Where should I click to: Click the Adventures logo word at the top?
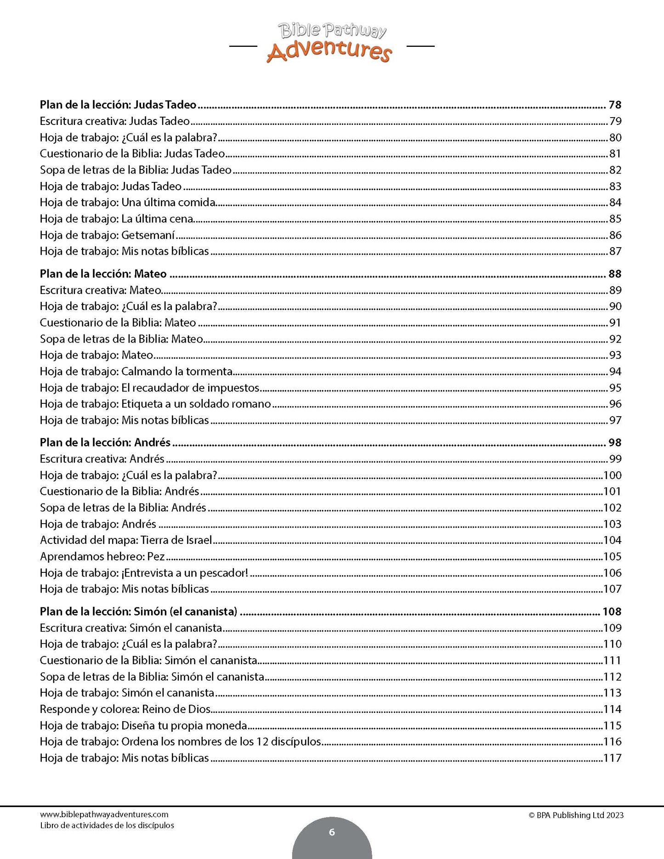tap(329, 51)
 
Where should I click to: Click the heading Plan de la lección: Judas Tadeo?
tap(118, 105)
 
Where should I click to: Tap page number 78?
tap(614, 105)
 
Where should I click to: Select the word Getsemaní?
tap(148, 235)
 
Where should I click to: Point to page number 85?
tap(615, 219)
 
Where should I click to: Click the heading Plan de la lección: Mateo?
tap(103, 274)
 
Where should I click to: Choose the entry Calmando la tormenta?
tap(177, 371)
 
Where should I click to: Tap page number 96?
tap(615, 404)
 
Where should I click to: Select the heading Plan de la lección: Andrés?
tap(105, 442)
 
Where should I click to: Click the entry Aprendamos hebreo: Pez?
tap(102, 556)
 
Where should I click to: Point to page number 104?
tap(612, 540)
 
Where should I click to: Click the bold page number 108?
tap(612, 611)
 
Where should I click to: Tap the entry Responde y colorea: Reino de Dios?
tap(125, 709)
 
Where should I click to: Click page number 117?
tap(612, 758)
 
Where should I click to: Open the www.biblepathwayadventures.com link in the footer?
tap(104, 814)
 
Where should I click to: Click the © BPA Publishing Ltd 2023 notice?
tap(576, 815)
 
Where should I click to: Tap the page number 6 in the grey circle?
tap(332, 832)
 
